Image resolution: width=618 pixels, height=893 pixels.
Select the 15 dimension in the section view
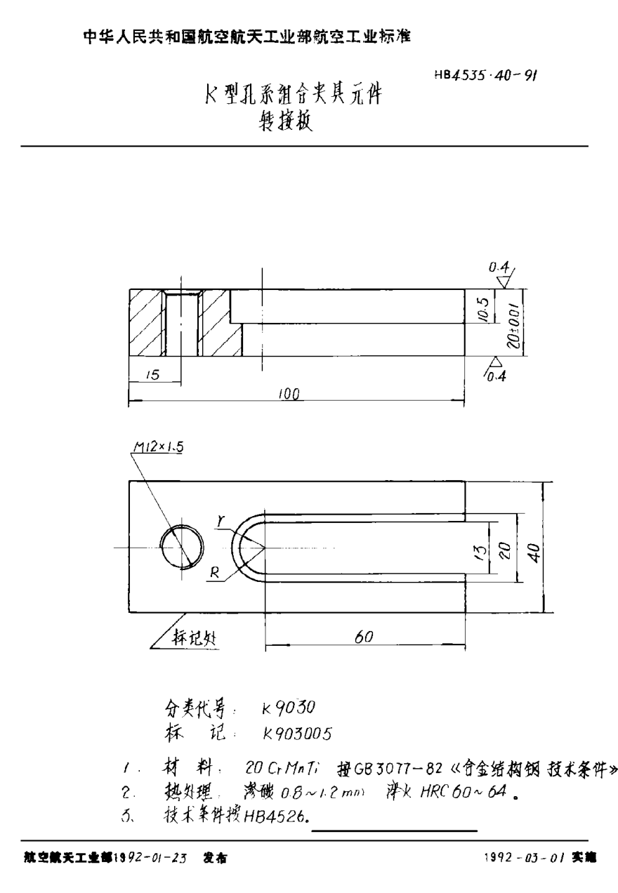tap(150, 376)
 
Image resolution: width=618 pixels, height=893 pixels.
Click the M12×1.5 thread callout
tap(156, 446)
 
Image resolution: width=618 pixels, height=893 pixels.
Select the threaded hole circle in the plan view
tap(181, 547)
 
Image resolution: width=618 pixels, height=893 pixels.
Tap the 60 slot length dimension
tap(362, 636)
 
